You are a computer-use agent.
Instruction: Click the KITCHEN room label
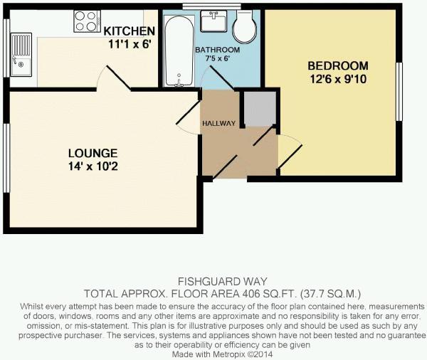[129, 31]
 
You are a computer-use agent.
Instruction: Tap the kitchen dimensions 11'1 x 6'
[130, 44]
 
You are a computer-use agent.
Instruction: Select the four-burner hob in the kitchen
[87, 21]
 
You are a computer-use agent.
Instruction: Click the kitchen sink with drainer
[21, 55]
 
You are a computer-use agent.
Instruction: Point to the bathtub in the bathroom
[179, 51]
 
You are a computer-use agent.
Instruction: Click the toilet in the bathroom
[245, 27]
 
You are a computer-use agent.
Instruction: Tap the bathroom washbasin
[213, 21]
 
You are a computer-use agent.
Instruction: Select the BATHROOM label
[217, 50]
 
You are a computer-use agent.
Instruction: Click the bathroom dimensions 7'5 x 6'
[217, 58]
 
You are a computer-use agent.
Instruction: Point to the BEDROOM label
[337, 66]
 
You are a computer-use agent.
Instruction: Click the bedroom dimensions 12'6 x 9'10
[337, 79]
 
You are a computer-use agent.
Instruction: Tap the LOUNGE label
[93, 153]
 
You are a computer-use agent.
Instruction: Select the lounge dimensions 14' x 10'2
[93, 166]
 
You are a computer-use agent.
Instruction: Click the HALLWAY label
[218, 123]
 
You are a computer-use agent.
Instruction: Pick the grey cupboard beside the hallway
[260, 109]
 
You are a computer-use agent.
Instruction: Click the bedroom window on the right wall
[399, 92]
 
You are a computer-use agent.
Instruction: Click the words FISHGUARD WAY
[222, 281]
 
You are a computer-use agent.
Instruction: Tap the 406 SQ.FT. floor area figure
[268, 294]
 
